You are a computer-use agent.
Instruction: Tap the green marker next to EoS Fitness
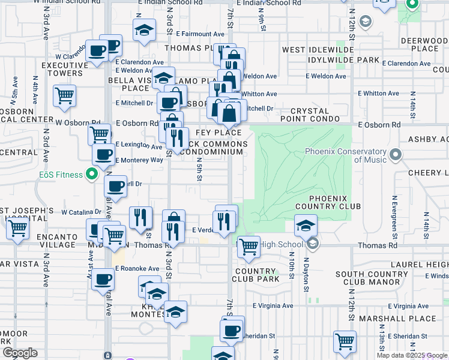tap(91, 175)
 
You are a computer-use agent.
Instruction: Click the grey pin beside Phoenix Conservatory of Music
tap(396, 155)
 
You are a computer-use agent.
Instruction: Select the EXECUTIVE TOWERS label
tap(62, 69)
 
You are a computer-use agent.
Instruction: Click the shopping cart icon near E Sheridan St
tap(345, 341)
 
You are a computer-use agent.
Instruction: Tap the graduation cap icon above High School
tap(306, 226)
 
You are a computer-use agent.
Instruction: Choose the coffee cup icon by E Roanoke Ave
tap(103, 279)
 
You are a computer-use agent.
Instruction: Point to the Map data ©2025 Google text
tap(411, 355)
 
